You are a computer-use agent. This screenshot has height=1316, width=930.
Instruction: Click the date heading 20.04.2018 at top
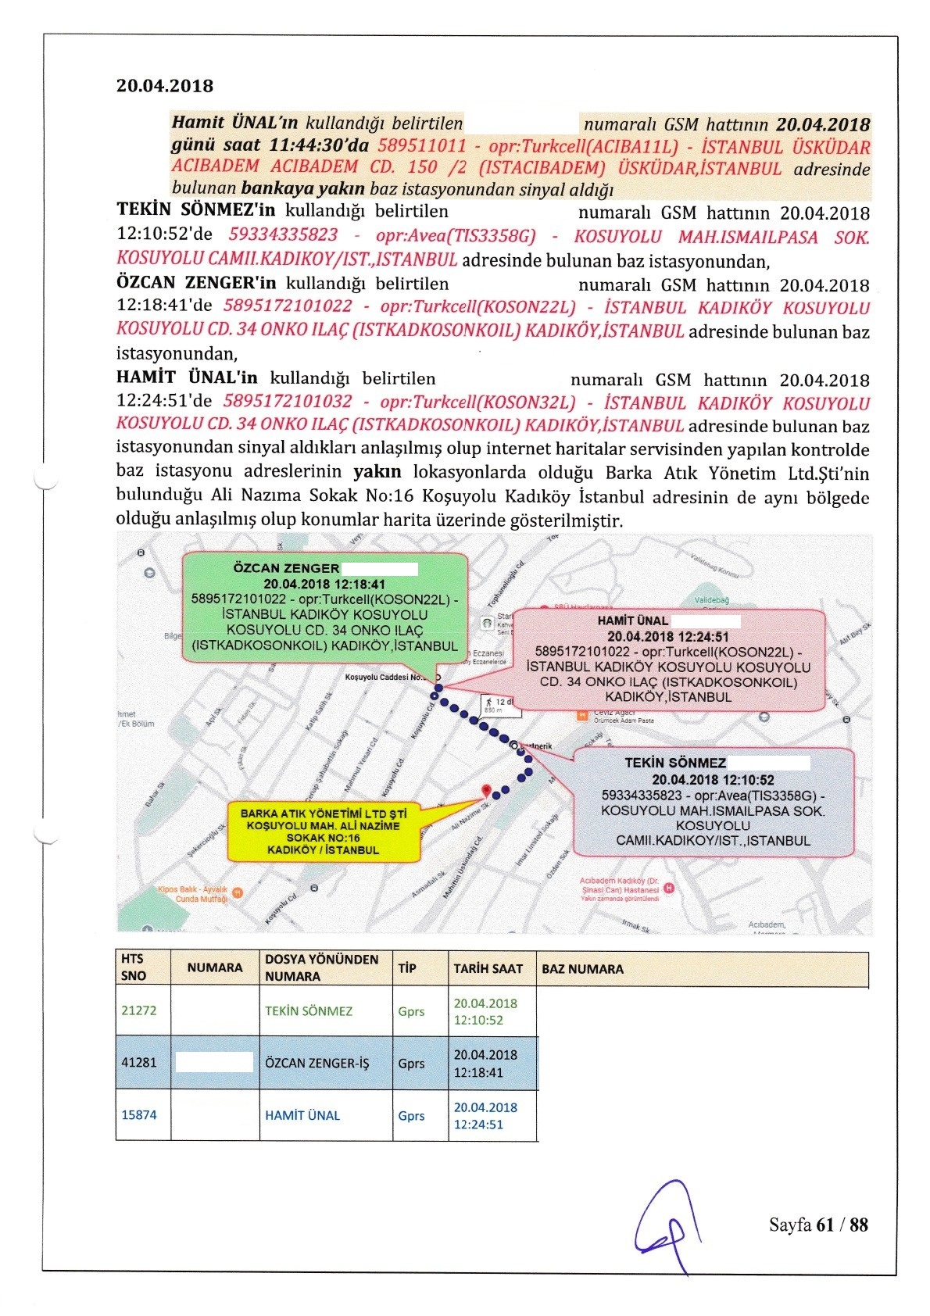click(165, 86)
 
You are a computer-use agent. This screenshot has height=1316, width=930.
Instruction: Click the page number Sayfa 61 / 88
click(817, 1225)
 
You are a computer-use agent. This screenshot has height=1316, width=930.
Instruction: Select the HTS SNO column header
click(134, 967)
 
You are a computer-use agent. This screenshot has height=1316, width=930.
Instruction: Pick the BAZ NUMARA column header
click(582, 969)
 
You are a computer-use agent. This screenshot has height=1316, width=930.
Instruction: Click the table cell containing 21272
click(139, 1010)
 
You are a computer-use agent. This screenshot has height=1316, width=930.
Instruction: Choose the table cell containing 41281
click(139, 1063)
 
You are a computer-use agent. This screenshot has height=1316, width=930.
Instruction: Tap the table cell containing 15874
click(139, 1115)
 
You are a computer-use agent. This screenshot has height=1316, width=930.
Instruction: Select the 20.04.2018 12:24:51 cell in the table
click(485, 1116)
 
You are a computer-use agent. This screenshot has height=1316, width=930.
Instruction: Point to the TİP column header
click(407, 968)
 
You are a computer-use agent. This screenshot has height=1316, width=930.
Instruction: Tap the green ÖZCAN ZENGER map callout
click(324, 608)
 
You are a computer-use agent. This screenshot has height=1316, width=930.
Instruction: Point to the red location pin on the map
click(485, 790)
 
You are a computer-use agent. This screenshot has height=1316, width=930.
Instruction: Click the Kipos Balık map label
click(192, 894)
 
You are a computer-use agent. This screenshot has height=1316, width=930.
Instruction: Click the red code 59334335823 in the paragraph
click(283, 234)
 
